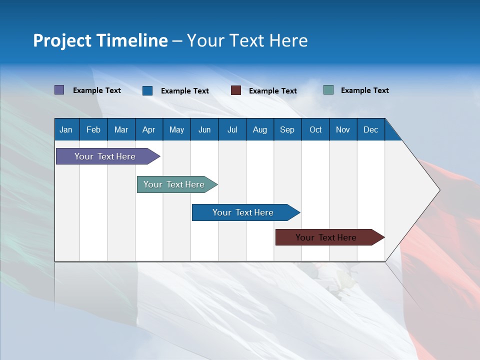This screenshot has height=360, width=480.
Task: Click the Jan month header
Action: [66, 130]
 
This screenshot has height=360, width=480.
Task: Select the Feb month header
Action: [93, 130]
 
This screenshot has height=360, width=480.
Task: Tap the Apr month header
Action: [148, 130]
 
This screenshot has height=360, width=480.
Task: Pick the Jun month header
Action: [204, 130]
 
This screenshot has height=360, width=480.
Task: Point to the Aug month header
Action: [259, 130]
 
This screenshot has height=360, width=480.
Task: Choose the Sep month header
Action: [287, 130]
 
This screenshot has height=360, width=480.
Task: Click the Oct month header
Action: [315, 130]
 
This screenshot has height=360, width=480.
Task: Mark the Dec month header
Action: [370, 130]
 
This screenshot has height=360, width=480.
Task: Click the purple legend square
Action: [59, 90]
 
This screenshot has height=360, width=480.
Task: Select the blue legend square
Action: [147, 90]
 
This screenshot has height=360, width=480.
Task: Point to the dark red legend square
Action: [236, 90]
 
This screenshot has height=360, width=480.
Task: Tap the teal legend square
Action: [328, 90]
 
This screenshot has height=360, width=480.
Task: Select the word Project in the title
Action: [62, 40]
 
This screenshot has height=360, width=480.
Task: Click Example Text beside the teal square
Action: [364, 90]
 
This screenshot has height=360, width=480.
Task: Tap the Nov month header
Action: [343, 130]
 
